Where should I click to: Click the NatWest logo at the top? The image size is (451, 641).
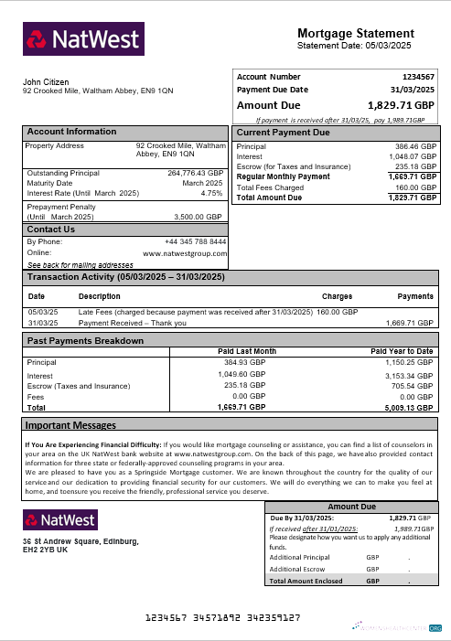point(83,39)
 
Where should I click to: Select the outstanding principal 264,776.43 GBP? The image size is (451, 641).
point(195,172)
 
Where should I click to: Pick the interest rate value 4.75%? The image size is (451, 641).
point(211,193)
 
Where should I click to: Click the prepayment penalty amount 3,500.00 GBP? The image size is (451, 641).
point(198,217)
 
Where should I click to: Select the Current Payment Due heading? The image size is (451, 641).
point(283,133)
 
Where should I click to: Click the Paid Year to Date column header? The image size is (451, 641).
point(401,351)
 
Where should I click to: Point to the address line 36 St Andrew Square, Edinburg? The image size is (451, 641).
point(81,542)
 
